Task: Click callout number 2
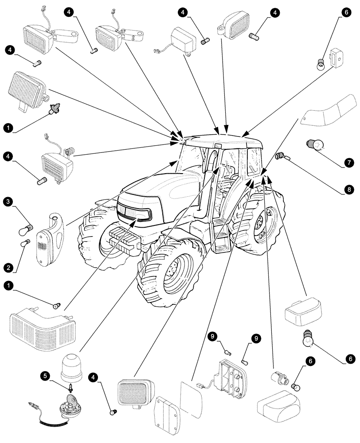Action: click(x=8, y=267)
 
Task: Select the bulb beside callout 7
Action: click(x=316, y=145)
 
